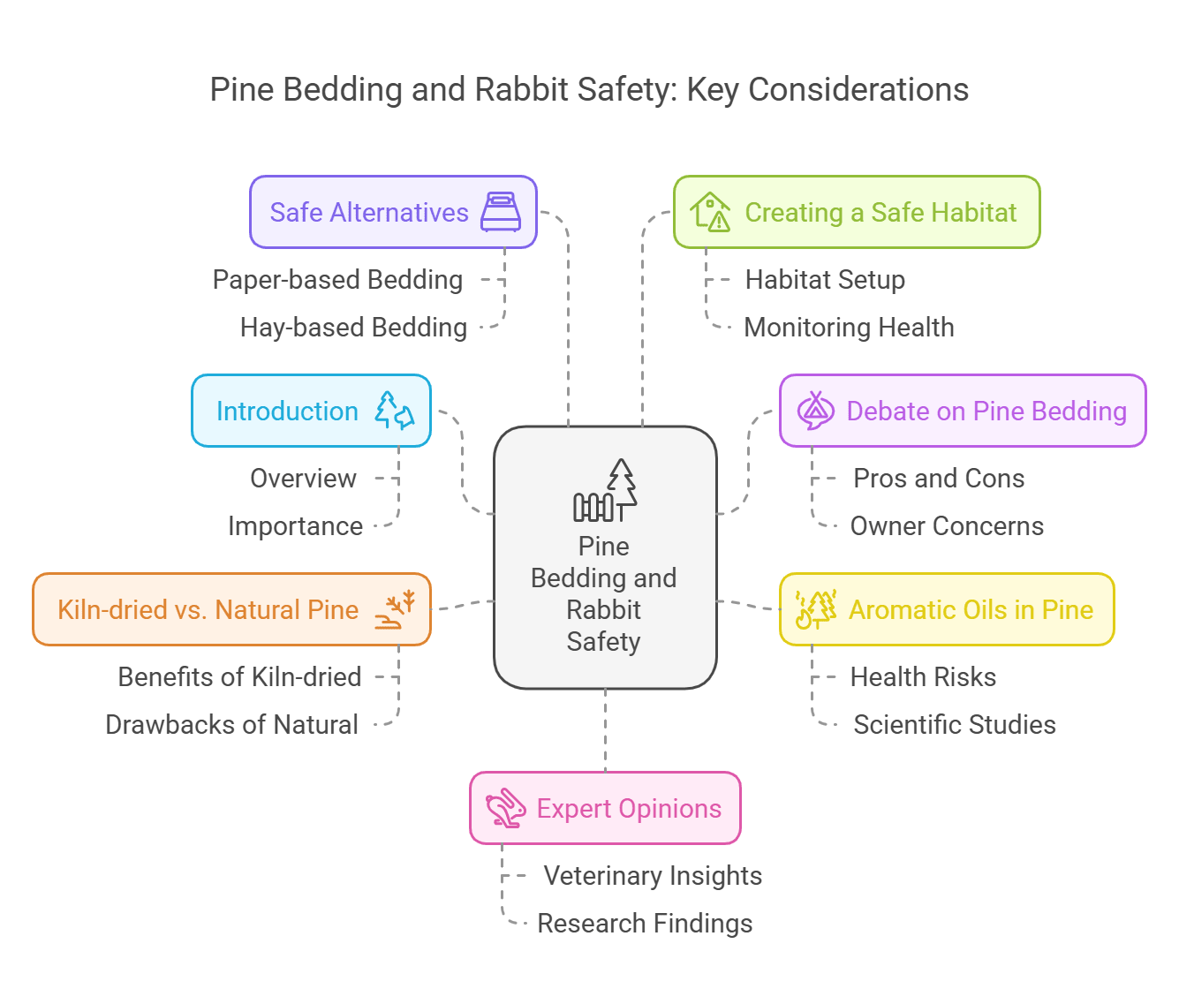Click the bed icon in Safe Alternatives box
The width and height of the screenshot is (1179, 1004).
coord(501,212)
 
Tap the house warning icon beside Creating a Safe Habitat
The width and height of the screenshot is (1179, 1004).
coord(711,212)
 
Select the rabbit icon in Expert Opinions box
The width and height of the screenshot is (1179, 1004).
coord(506,808)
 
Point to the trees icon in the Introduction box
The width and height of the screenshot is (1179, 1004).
coord(394,411)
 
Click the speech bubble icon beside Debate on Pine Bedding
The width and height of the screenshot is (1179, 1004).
coord(815,411)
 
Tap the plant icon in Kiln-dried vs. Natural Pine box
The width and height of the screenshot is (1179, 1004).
coord(395,609)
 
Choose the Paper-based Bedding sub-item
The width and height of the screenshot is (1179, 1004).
coord(337,280)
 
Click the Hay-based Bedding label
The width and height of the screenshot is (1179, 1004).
coord(353,328)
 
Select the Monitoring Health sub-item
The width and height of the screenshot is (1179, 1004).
coord(849,328)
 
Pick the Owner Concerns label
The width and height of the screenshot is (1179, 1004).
coord(947,526)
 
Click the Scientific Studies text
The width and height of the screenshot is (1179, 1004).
coord(954,725)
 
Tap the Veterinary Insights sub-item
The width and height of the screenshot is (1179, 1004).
coord(653,876)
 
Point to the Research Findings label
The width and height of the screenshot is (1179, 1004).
coord(645,924)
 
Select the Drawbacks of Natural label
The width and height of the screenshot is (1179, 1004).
coord(231,725)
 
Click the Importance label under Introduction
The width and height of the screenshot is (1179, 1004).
coord(295,526)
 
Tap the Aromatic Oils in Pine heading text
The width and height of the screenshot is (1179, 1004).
coord(971,609)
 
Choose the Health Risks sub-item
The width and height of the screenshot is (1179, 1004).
coord(923,677)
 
